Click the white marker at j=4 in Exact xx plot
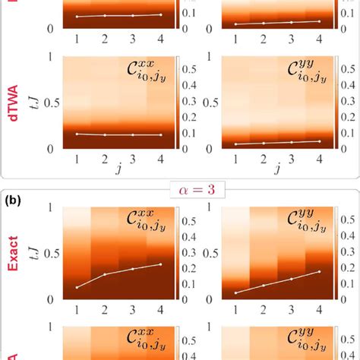(160, 264)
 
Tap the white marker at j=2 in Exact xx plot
(104, 274)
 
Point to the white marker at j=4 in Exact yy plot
(318, 271)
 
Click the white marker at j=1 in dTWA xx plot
(77, 134)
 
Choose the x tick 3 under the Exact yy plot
(290, 311)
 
